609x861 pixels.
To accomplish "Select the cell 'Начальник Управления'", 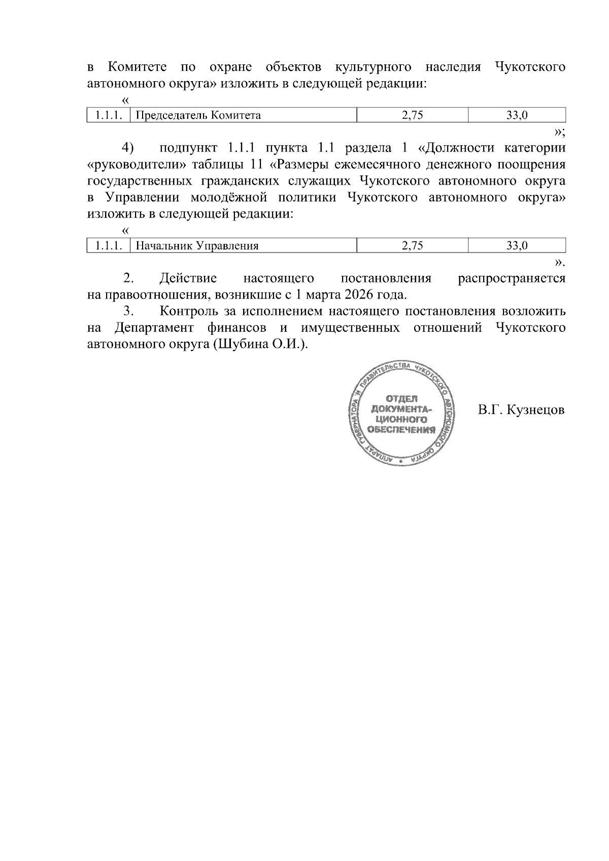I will tap(198, 246).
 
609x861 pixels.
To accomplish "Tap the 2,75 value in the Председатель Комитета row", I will tap(412, 115).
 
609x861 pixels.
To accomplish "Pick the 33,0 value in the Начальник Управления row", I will tap(517, 246).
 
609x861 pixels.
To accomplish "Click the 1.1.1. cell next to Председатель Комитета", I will tap(109, 115).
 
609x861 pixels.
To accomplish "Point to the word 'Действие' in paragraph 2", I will tap(188, 278).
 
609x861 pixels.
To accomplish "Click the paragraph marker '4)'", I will tap(127, 148).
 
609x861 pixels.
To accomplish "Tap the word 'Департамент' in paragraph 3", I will tap(154, 328).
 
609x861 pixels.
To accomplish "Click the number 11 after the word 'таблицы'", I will tap(257, 165).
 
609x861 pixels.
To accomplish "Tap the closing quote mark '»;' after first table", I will tap(559, 132).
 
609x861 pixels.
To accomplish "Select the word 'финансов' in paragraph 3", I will tap(237, 328).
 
